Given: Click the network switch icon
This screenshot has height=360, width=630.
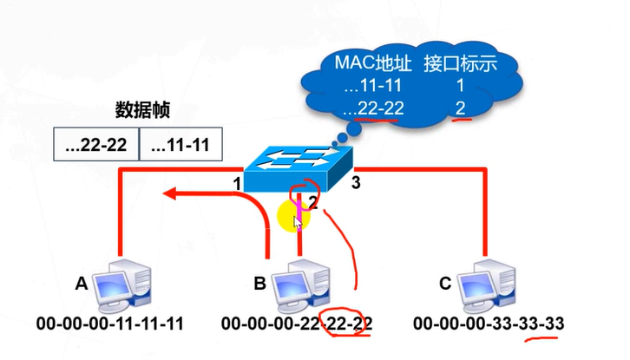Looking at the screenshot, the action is click(x=299, y=169).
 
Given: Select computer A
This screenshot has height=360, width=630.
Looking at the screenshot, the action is click(x=121, y=286).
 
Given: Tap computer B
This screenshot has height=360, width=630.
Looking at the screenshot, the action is click(x=300, y=286).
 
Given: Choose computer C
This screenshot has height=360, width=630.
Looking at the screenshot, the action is click(x=487, y=286).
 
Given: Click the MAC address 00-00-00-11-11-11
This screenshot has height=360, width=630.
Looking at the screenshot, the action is click(x=109, y=324).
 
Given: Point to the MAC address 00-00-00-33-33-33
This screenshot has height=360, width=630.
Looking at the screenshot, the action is click(x=489, y=324).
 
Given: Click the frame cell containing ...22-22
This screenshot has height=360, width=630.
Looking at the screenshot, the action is click(x=96, y=144).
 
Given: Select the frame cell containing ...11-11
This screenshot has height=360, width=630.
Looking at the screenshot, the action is click(x=180, y=144).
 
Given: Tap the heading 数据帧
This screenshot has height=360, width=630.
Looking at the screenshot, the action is click(x=142, y=109).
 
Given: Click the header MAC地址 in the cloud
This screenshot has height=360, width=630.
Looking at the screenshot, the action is click(x=373, y=63).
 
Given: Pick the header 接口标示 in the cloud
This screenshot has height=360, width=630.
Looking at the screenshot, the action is click(x=461, y=63).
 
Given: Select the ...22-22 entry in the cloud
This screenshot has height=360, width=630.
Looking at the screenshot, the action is click(x=374, y=108).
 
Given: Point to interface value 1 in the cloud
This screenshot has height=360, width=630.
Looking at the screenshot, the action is click(x=460, y=86).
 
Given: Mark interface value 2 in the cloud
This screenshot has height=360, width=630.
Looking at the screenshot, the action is click(x=461, y=108).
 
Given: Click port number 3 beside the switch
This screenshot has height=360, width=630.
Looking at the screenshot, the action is click(x=356, y=183).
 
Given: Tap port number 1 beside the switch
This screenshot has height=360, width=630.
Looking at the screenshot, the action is click(x=237, y=184).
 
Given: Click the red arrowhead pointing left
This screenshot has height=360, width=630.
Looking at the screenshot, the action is click(x=169, y=193).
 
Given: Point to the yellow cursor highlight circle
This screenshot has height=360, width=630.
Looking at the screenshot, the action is click(x=293, y=216).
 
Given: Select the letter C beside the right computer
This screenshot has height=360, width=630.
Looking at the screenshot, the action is click(x=445, y=284).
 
